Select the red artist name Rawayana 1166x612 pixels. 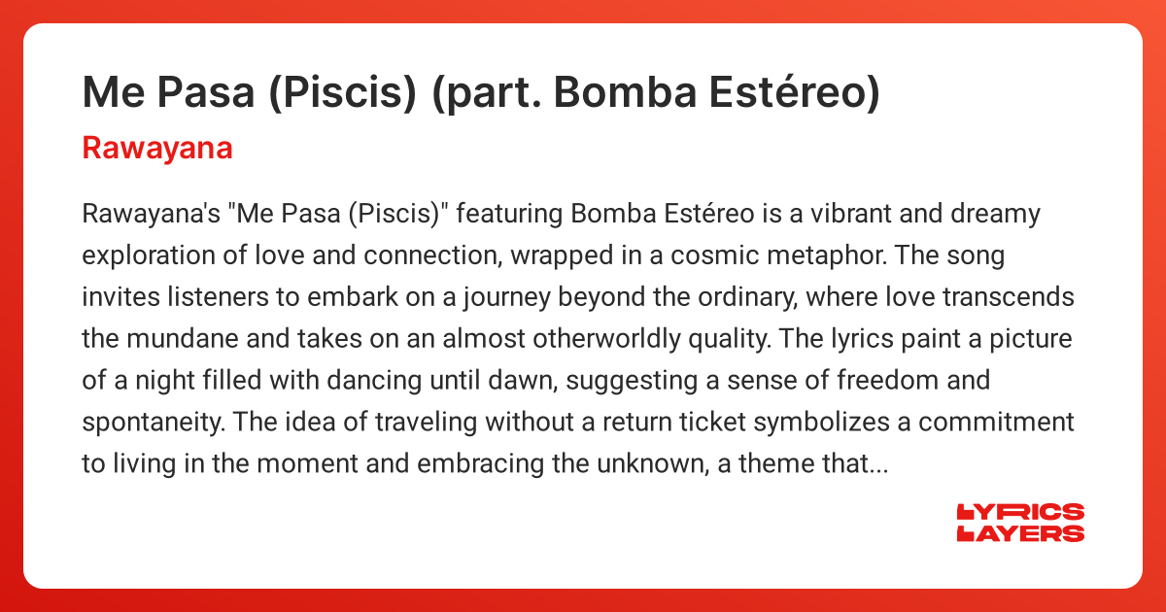click(x=157, y=149)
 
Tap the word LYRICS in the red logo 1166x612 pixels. click(x=1021, y=512)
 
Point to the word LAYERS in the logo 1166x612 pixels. click(x=1021, y=532)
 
